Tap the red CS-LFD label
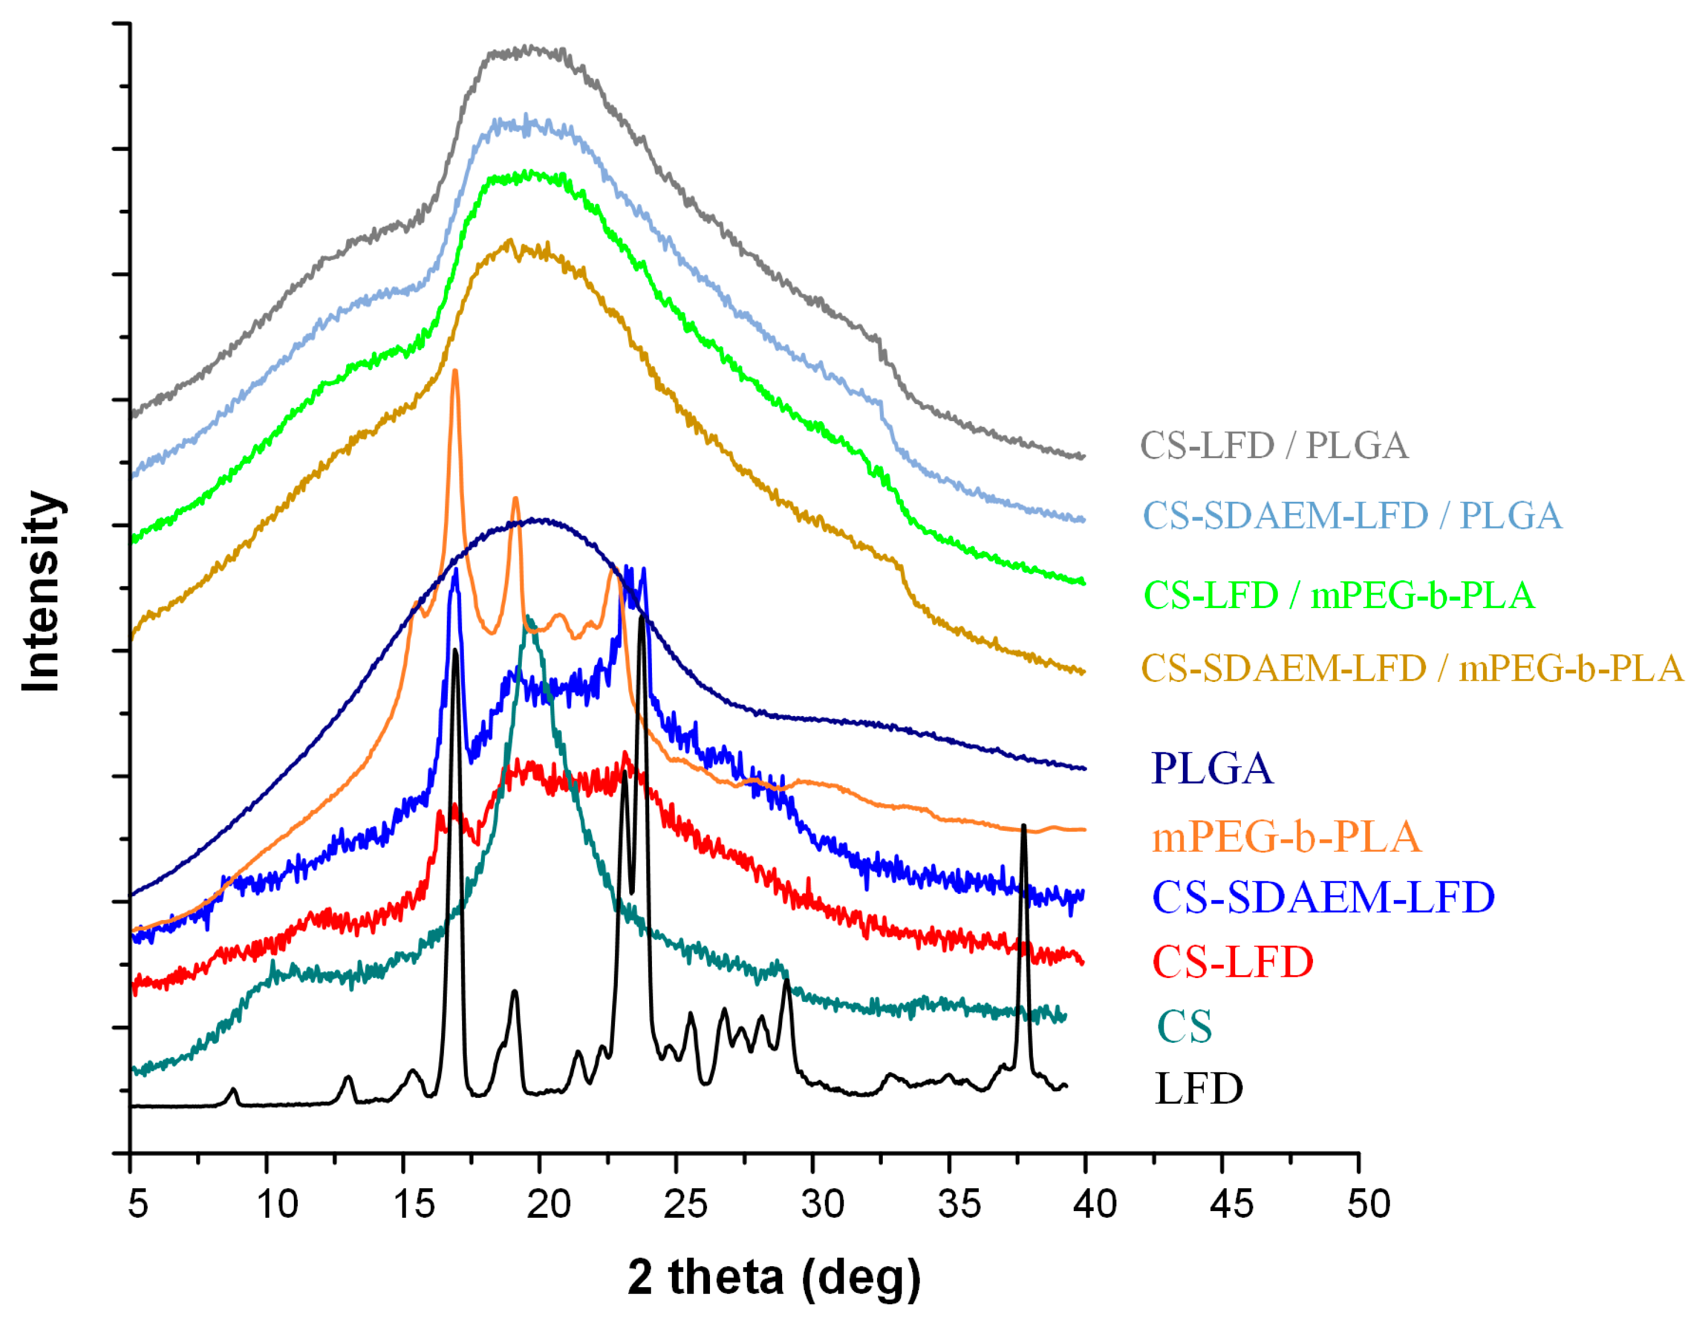pos(1232,962)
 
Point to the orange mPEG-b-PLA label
pos(1286,837)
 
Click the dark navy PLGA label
pos(1211,768)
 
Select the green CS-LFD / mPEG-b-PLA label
pos(1339,595)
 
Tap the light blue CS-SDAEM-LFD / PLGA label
pos(1352,515)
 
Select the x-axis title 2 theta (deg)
pos(774,1276)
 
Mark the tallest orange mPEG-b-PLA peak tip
pos(455,371)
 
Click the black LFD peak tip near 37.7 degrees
pos(1024,826)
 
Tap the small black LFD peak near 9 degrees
pos(233,1089)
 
